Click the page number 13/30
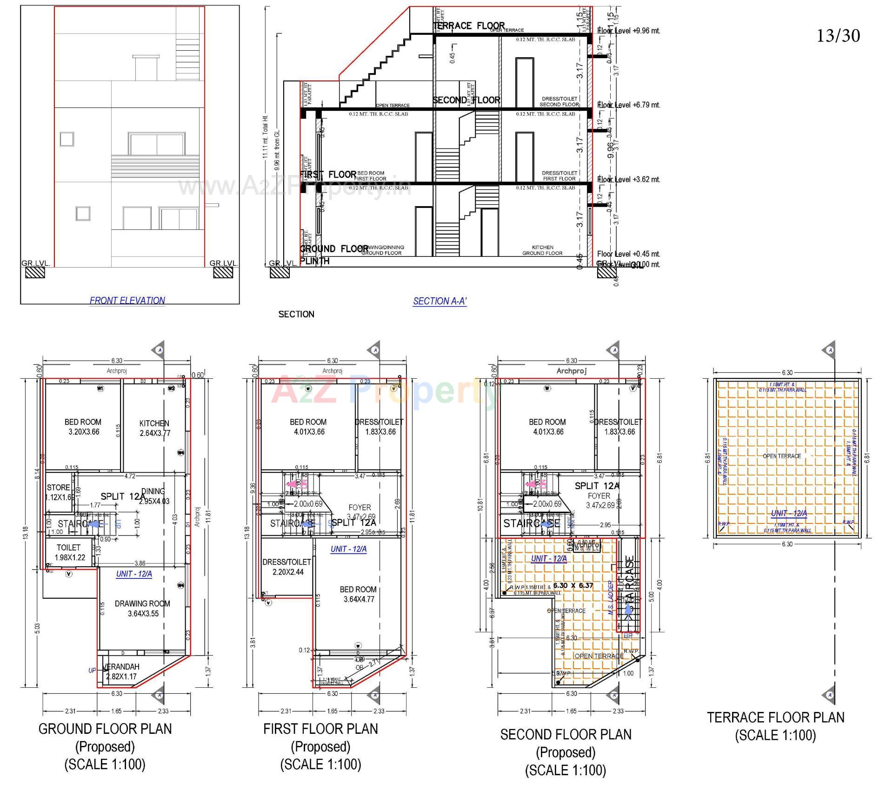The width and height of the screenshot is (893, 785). [838, 36]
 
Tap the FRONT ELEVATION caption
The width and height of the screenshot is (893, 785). [127, 301]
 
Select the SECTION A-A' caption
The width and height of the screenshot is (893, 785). [440, 301]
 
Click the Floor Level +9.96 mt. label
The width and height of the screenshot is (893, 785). [628, 31]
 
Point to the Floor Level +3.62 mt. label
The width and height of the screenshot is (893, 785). [628, 179]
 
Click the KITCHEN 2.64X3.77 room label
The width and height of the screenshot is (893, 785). [154, 428]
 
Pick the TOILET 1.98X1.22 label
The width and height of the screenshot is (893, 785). [69, 552]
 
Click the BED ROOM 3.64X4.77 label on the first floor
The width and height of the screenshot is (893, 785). [358, 594]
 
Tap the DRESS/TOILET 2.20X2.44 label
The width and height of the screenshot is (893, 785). [286, 567]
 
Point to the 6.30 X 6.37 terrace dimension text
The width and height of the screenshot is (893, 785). [573, 585]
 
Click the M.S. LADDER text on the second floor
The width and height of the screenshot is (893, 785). [611, 598]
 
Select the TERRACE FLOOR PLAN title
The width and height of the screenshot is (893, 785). [775, 717]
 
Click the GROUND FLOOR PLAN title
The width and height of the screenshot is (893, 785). [105, 728]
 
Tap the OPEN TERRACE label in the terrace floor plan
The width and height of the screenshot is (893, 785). [781, 456]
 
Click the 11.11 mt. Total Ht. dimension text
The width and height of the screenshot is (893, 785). [266, 137]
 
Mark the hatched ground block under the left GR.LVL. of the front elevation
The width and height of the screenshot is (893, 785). [35, 272]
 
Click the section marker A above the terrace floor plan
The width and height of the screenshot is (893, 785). [829, 350]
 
